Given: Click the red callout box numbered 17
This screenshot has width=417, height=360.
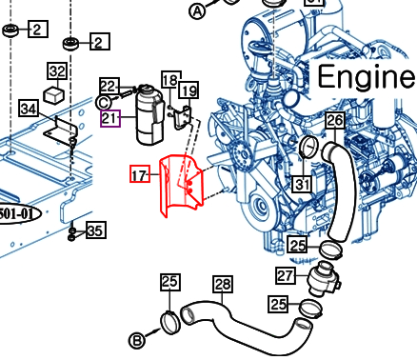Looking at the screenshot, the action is click(x=140, y=174).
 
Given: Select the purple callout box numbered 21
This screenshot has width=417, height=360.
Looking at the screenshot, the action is click(x=110, y=118).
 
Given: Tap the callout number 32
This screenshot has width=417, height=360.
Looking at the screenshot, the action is click(x=57, y=71).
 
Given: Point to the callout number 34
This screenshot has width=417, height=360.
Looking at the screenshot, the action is click(x=29, y=110).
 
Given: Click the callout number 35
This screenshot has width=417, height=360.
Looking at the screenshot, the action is click(x=95, y=230).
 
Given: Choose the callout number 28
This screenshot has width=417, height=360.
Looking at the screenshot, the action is click(x=223, y=284).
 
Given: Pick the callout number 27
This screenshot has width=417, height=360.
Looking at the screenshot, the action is click(x=286, y=275).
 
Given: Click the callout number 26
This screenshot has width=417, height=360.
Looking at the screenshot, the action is click(x=335, y=120).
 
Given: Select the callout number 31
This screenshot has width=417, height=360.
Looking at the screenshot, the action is click(x=302, y=184).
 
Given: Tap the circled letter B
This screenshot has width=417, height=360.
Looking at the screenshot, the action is click(x=137, y=341).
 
